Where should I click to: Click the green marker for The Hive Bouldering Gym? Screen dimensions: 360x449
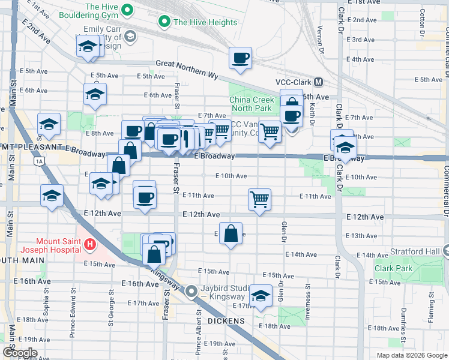127,10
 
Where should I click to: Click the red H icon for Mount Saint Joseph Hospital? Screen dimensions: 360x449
90,244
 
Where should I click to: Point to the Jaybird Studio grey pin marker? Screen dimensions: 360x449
191,292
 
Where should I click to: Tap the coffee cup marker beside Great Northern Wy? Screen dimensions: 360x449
241,58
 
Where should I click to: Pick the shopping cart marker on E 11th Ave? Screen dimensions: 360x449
259,199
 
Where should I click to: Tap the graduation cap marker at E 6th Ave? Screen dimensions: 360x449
95,94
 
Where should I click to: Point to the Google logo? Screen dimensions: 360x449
20,352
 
